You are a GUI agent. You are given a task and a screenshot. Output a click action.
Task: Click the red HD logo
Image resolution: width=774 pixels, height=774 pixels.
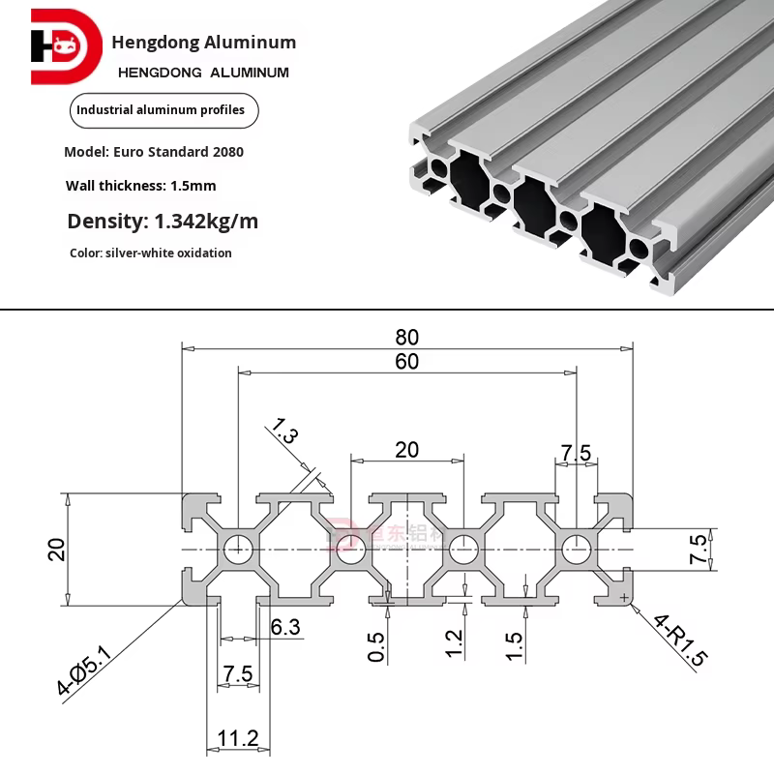(65, 45)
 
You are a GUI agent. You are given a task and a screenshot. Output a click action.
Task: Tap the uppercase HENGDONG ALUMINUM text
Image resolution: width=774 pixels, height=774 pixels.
(203, 73)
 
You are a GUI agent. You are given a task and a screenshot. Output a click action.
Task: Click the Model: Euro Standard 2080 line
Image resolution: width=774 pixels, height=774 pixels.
(154, 152)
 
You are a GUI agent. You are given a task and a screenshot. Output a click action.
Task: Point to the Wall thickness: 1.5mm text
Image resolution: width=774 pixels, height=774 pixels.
(141, 185)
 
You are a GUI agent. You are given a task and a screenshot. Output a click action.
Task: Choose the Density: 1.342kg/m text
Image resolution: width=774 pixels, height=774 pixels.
(163, 221)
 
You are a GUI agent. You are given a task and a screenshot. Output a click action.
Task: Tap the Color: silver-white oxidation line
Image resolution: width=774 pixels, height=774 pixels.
(151, 253)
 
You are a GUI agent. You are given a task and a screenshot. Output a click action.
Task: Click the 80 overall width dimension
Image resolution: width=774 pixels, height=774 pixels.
(406, 337)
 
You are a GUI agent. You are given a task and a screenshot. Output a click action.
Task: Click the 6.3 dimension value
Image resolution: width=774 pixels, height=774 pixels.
(285, 627)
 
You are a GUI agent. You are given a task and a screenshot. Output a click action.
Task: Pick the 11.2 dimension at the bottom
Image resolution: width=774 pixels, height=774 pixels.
(237, 739)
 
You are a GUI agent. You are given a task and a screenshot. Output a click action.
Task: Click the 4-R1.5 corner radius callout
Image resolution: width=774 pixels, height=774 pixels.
(681, 641)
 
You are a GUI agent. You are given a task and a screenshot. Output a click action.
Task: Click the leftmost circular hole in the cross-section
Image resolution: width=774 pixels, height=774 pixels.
(236, 550)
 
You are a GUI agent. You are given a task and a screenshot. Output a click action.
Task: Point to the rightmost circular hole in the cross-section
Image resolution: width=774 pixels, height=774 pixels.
(577, 550)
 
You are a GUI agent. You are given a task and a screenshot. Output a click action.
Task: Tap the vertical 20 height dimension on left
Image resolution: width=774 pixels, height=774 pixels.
(56, 550)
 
